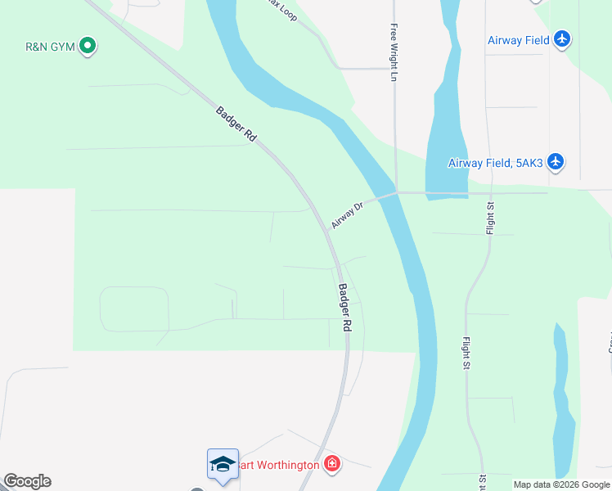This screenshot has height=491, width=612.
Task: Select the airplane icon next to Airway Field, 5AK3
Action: click(556, 161)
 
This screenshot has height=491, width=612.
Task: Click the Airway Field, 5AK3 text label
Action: click(495, 163)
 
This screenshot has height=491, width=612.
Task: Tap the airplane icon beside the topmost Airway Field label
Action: click(561, 38)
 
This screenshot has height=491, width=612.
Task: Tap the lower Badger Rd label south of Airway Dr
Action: click(345, 308)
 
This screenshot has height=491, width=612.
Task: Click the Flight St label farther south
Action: click(466, 353)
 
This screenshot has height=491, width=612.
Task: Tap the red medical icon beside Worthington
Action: click(331, 465)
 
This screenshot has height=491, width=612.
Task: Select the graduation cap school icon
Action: click(223, 465)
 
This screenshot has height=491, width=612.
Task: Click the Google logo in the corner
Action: click(27, 481)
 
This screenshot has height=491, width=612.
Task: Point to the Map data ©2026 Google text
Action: click(561, 484)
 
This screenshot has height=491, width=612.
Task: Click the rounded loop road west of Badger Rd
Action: click(133, 309)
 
